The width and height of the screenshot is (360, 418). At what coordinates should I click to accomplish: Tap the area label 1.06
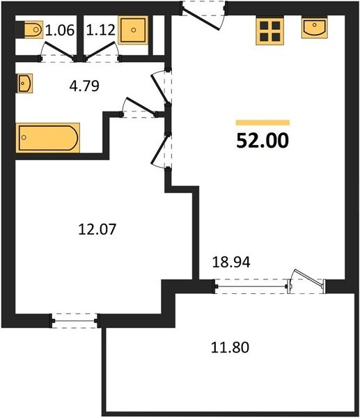coord(59,30)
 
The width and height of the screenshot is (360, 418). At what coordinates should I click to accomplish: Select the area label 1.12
coord(101,30)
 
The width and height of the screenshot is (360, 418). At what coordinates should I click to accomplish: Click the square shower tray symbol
coord(133,30)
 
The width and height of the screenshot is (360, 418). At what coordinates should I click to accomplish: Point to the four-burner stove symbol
coord(269,31)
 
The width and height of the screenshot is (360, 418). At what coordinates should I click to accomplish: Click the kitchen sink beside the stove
coord(315,28)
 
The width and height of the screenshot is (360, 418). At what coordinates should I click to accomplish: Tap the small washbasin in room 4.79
coord(25,83)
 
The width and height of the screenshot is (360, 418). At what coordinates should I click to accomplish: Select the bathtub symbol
coord(47,138)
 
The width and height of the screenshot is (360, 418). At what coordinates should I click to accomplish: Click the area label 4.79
coord(84,86)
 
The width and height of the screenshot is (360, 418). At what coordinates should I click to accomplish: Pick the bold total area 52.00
coord(263,141)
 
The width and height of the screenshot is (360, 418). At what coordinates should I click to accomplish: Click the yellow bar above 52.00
coord(263,123)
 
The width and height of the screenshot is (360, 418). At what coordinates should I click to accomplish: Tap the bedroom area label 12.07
coord(97,229)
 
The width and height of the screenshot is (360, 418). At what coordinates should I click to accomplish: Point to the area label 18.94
coord(231,263)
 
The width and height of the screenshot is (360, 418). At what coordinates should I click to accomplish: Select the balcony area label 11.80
coord(230,348)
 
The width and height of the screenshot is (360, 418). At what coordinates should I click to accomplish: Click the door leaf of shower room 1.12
coord(101,50)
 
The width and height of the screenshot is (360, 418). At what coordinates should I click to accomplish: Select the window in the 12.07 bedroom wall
coord(75,320)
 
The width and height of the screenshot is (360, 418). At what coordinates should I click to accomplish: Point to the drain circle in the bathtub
coord(24,137)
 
